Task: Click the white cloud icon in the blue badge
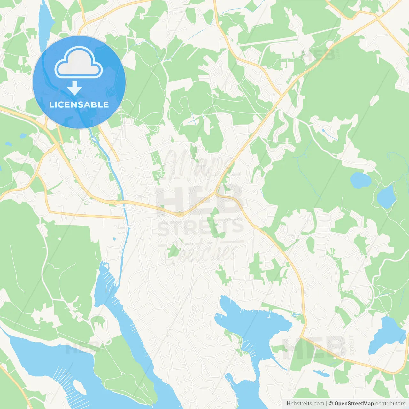[79, 63]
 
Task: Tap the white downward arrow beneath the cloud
[75, 88]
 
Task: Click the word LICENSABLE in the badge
[79, 104]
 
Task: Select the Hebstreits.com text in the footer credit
[305, 404]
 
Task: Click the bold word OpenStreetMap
[354, 404]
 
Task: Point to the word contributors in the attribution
[390, 404]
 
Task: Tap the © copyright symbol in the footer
[331, 404]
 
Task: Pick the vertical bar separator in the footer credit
[327, 404]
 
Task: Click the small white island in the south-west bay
[80, 387]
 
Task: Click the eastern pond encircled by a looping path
[386, 196]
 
